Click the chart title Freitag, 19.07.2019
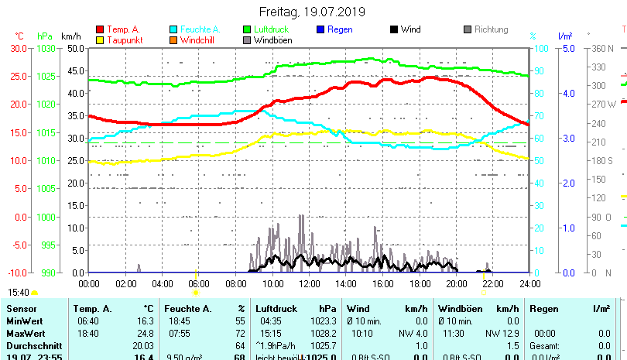(x=313, y=12)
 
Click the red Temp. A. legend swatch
(x=99, y=30)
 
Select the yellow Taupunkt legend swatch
(x=99, y=40)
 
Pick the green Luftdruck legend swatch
(x=248, y=30)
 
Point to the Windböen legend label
(x=272, y=40)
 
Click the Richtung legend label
(x=491, y=30)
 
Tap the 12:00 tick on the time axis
(x=309, y=283)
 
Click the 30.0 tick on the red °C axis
(x=19, y=48)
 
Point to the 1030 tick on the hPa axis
(x=46, y=48)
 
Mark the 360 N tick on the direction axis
(x=603, y=48)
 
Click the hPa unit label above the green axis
(x=45, y=36)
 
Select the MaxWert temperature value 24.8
(x=145, y=333)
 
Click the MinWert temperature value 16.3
(x=145, y=321)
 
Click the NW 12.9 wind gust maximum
(x=493, y=333)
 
